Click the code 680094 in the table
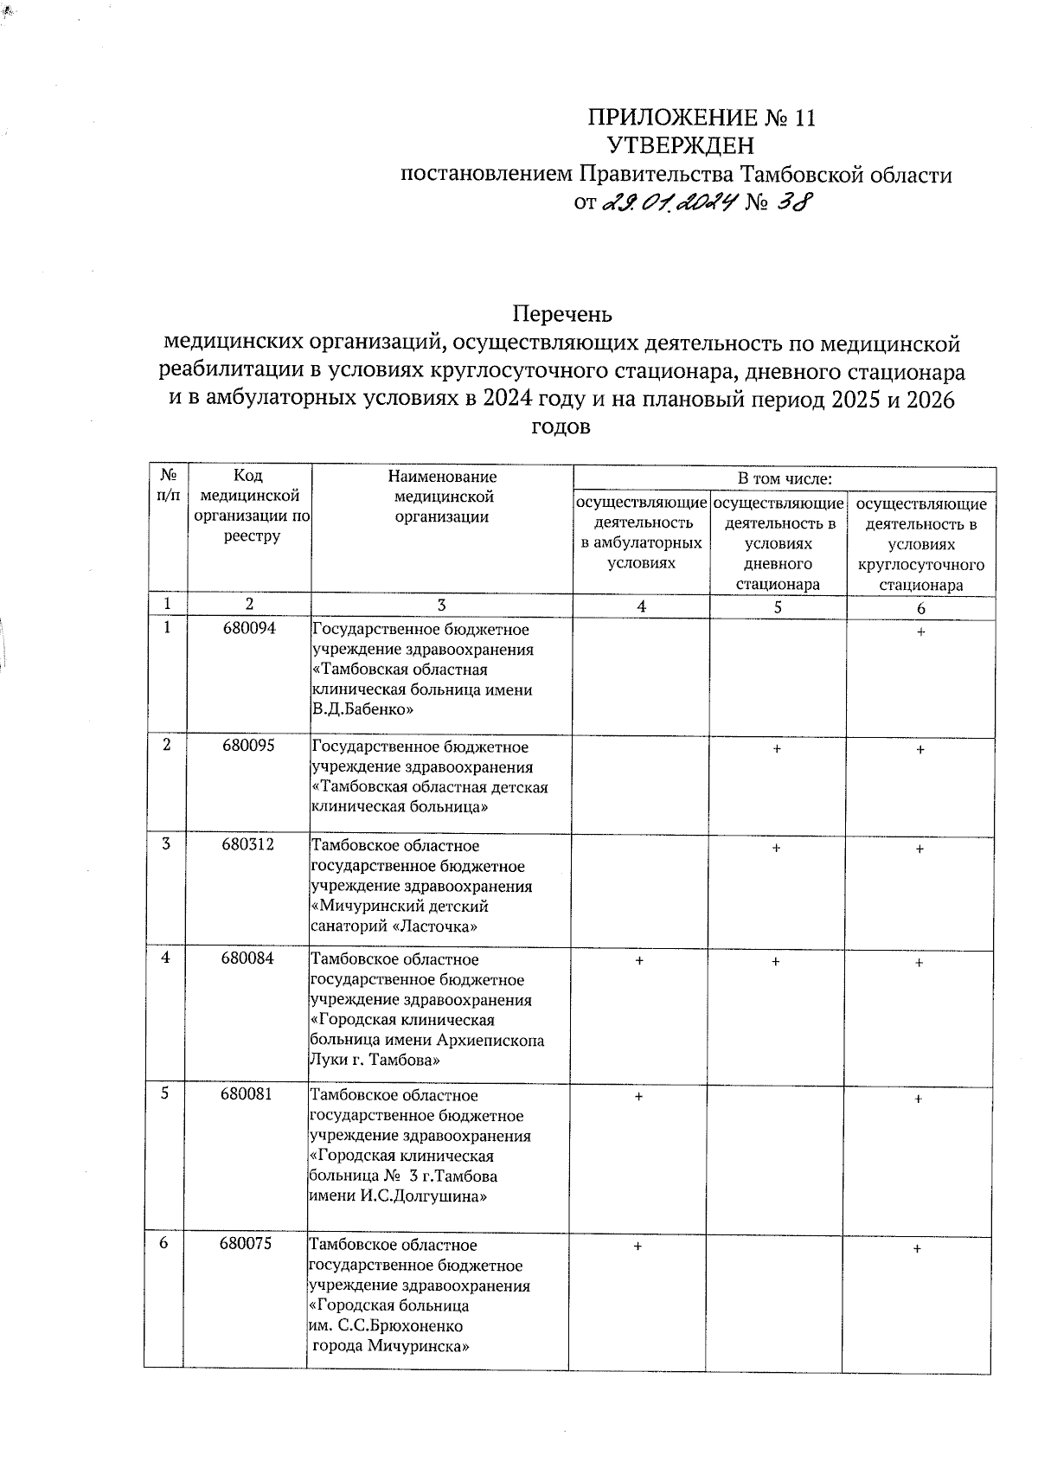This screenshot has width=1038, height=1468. pyautogui.click(x=247, y=628)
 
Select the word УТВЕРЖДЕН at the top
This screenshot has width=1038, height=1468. pyautogui.click(x=681, y=144)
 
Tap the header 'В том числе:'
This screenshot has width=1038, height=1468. pyautogui.click(x=784, y=478)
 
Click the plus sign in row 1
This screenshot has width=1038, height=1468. pyautogui.click(x=920, y=632)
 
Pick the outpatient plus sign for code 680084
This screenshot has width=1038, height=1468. pyautogui.click(x=639, y=960)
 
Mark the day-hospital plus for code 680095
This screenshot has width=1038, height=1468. pyautogui.click(x=777, y=748)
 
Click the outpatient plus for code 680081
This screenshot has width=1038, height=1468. pyautogui.click(x=638, y=1096)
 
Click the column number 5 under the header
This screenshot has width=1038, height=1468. pyautogui.click(x=777, y=606)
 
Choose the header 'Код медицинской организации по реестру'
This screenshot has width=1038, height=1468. pyautogui.click(x=248, y=505)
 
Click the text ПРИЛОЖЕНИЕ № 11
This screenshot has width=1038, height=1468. pyautogui.click(x=701, y=118)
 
